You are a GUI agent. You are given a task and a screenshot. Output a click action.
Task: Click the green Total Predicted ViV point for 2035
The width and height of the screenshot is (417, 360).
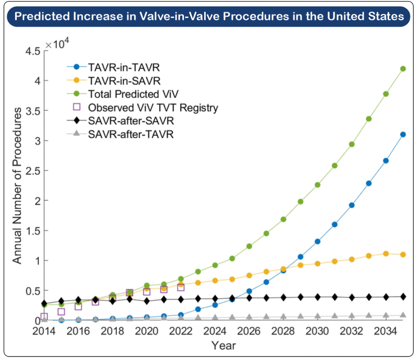[403, 69]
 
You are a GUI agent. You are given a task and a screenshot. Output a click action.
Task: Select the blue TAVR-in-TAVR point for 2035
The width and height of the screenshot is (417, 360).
[403, 134]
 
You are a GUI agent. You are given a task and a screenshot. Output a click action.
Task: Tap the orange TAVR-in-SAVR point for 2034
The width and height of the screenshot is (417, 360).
[386, 254]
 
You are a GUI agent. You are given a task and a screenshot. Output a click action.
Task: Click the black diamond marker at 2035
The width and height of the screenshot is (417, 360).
[403, 297]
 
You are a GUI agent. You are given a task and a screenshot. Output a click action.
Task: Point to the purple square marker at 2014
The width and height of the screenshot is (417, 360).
[44, 317]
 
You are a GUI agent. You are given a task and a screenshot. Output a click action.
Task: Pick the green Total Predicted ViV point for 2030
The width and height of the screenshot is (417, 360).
[317, 184]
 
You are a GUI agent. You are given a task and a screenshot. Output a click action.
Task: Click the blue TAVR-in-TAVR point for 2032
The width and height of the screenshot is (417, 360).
[351, 205]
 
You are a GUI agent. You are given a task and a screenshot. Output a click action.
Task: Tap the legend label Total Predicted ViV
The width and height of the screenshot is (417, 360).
[133, 94]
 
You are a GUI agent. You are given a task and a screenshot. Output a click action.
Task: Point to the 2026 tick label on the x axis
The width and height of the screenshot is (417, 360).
[249, 331]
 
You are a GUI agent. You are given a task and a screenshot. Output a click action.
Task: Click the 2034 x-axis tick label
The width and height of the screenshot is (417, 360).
[386, 331]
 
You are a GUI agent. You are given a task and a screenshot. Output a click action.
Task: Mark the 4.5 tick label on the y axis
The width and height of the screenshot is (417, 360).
[33, 51]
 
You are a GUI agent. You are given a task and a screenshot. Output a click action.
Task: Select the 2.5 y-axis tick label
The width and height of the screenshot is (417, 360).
[33, 171]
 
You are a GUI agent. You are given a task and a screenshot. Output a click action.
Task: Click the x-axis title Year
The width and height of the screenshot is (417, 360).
[224, 346]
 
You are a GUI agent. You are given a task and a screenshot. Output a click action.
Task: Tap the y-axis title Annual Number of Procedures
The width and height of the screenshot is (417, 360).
[17, 186]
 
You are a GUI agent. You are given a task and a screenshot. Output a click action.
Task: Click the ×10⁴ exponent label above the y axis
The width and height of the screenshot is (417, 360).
[57, 43]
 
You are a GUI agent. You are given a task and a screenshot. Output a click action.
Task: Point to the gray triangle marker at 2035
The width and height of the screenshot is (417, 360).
[403, 315]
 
